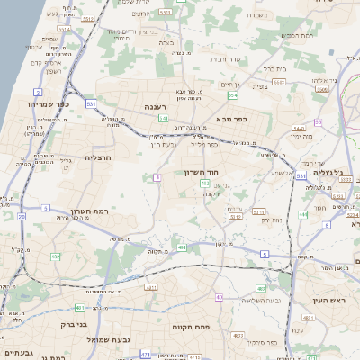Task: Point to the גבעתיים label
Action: click(19, 352)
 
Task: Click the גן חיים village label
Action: click(231, 84)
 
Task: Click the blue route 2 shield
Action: click(39, 91)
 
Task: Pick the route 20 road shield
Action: click(21, 216)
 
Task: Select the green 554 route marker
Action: click(233, 94)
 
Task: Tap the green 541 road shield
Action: click(163, 117)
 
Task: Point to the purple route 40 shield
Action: click(219, 296)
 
